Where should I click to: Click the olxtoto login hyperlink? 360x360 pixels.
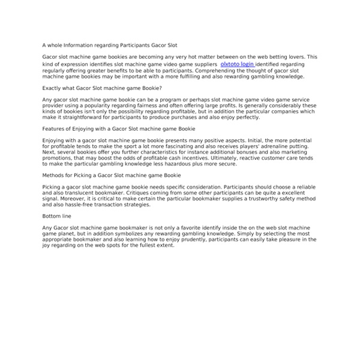(238, 64)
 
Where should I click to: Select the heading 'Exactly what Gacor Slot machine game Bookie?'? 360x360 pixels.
(102, 87)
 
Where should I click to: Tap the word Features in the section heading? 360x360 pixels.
(55, 129)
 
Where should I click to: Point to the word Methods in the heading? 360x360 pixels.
(55, 176)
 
